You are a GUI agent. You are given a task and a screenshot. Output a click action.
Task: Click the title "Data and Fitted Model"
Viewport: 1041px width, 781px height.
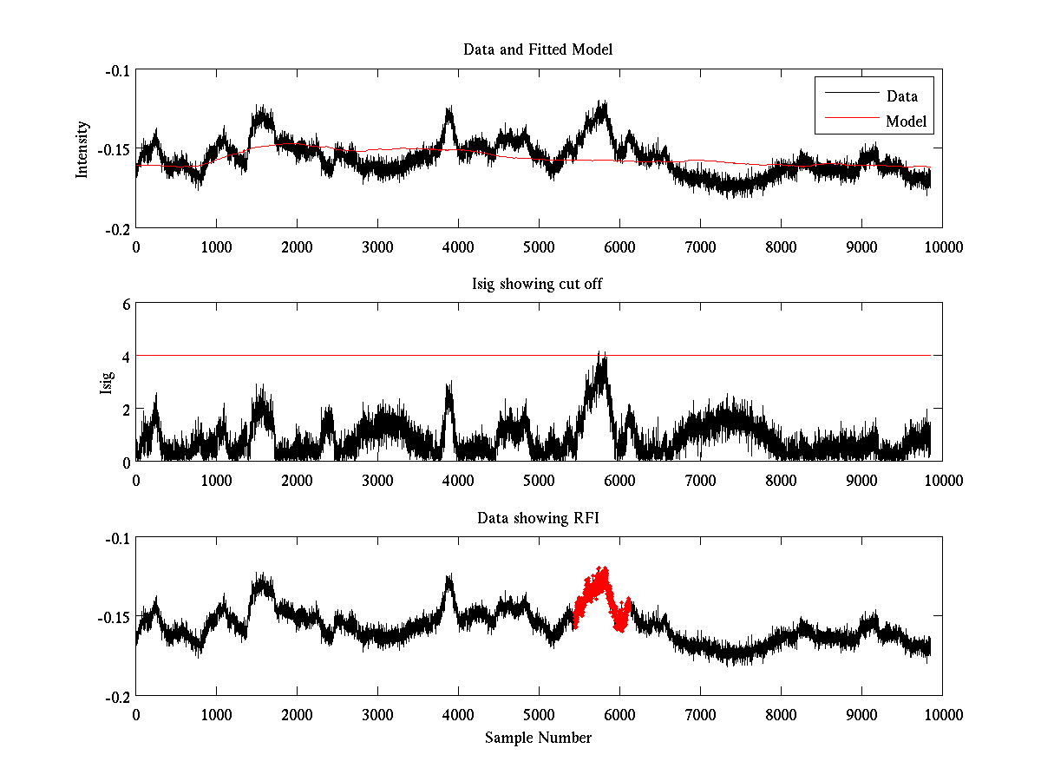pos(538,49)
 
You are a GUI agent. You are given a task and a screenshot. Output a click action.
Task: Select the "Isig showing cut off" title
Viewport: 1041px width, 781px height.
pos(538,284)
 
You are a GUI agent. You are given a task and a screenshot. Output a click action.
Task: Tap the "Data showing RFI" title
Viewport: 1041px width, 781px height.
pos(538,518)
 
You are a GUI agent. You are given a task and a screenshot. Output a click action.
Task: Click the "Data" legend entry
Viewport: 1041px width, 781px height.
pos(901,96)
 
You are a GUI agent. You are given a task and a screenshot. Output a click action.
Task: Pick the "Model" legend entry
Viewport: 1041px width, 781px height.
pos(906,121)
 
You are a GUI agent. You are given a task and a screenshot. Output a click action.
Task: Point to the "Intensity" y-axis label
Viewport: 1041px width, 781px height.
pos(82,148)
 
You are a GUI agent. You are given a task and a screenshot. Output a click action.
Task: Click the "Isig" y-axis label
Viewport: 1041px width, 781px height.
pos(107,383)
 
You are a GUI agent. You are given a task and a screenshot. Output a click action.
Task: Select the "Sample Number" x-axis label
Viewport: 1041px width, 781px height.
pos(538,738)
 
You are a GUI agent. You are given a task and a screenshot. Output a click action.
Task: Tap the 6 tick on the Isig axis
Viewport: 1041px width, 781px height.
pos(126,304)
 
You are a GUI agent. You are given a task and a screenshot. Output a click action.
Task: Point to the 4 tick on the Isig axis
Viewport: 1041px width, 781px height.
pos(126,357)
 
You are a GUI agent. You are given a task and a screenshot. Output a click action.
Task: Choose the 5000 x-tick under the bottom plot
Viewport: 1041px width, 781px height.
pos(539,715)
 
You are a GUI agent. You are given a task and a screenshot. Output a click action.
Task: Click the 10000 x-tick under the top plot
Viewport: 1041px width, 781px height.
pos(942,246)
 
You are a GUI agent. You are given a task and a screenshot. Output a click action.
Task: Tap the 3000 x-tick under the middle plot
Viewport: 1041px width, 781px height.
pos(377,480)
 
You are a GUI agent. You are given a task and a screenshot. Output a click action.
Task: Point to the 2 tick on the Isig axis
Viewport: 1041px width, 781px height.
pos(126,409)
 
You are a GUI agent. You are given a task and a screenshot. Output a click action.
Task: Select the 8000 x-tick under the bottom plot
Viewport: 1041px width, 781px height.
pos(781,715)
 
